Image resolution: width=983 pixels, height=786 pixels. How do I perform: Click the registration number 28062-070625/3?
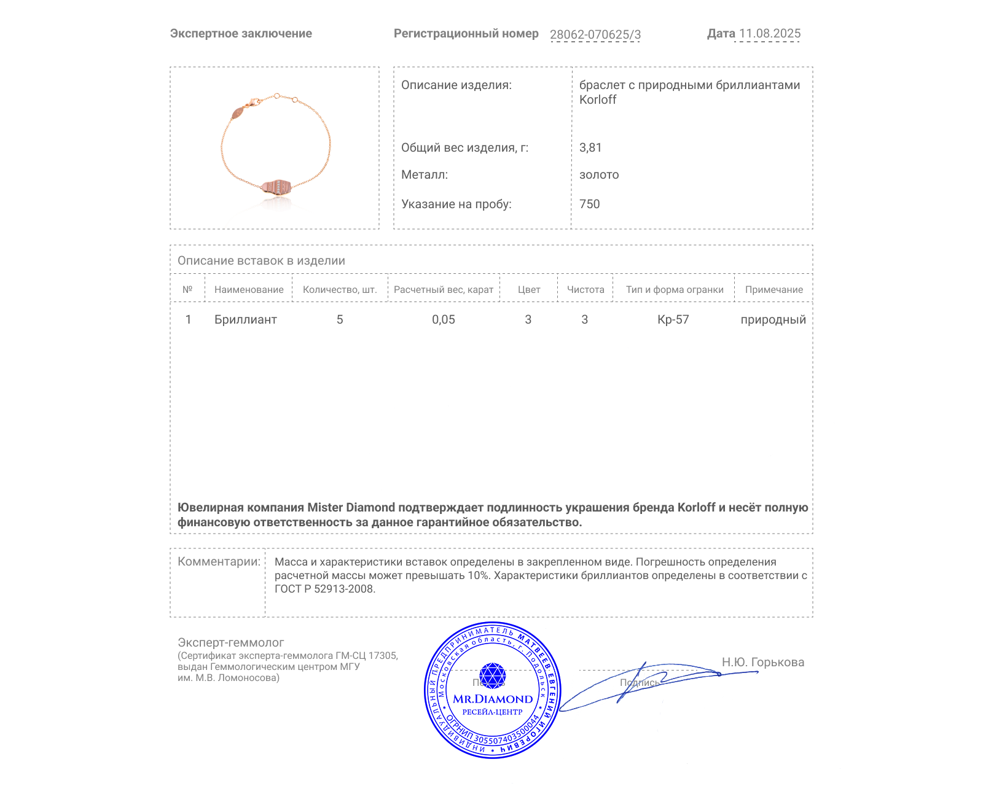pos(595,34)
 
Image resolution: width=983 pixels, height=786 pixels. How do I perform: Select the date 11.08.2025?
pos(769,34)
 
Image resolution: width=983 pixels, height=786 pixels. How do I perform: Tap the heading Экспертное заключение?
pos(241,34)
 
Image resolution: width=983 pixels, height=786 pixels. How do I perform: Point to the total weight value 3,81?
pos(590,147)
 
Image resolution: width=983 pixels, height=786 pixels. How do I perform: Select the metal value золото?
pos(599,174)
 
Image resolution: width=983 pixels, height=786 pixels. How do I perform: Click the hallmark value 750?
pos(589,204)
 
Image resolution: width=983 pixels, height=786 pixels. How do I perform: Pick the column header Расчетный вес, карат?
pos(444,289)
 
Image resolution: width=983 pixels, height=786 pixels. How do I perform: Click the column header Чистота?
pos(585,289)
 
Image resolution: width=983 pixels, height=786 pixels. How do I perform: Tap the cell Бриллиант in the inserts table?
pos(245,319)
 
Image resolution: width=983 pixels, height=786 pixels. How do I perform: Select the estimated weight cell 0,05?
pos(444,319)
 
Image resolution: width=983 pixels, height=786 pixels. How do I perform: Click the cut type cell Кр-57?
pos(673,319)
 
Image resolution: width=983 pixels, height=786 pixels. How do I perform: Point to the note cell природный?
pos(773,319)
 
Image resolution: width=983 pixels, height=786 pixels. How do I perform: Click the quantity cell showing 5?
pos(340,319)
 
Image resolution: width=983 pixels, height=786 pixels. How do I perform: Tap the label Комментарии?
pos(219,561)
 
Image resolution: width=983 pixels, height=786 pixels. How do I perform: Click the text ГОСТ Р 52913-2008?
pos(324,589)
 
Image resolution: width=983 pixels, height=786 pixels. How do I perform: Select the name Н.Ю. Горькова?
pos(762,662)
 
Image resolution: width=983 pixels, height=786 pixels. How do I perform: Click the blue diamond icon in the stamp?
pos(492,675)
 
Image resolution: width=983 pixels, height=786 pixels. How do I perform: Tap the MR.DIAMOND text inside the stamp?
pos(493,699)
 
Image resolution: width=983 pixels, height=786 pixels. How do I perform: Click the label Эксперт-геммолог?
pos(230,642)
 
